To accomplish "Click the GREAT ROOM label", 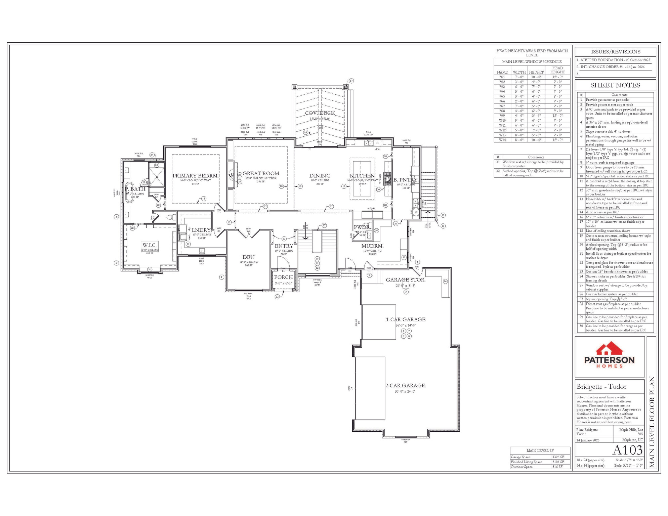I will (261, 173).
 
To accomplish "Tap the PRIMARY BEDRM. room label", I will (195, 176).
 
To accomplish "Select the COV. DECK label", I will (320, 113).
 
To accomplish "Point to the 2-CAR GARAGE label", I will (405, 386).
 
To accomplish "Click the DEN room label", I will (248, 257).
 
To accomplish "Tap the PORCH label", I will (283, 277).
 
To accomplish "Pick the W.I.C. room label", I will (149, 245).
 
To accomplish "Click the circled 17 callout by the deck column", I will (351, 81).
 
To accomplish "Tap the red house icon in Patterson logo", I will (609, 349).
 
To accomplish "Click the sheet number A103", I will (627, 450).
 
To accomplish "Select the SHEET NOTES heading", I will (615, 85).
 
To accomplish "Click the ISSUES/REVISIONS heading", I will (615, 52).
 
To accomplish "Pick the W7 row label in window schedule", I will (502, 106).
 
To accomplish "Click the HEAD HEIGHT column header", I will (557, 70).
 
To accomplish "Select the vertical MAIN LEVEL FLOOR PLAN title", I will (652, 422).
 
